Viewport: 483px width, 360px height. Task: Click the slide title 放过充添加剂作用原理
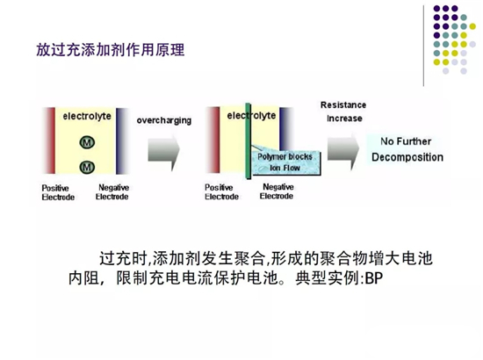(111, 50)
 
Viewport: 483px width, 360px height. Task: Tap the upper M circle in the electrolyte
(87, 142)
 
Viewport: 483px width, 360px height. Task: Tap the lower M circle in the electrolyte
(87, 167)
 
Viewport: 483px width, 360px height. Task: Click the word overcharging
(164, 120)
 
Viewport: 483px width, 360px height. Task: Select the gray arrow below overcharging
(163, 152)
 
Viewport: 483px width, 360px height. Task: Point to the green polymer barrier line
(248, 141)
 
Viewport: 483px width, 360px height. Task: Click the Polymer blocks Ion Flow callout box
(286, 162)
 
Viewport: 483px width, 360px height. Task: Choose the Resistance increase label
(343, 112)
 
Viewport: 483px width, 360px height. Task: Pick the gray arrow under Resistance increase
(343, 150)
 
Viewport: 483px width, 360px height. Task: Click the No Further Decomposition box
(407, 149)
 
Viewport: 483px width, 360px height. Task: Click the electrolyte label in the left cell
(87, 116)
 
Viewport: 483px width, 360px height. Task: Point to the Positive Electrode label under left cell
(58, 192)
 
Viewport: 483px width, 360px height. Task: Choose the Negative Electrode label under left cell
(112, 192)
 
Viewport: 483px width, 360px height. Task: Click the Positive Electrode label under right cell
(221, 192)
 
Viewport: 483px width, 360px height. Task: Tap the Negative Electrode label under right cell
(277, 191)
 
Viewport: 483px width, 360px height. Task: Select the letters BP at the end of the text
(374, 278)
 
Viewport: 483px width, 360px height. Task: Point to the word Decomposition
(407, 157)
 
